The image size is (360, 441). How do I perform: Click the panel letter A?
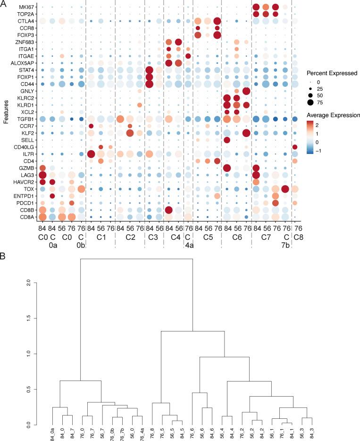pyautogui.click(x=4, y=4)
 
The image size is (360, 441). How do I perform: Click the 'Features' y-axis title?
pyautogui.click(x=5, y=111)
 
